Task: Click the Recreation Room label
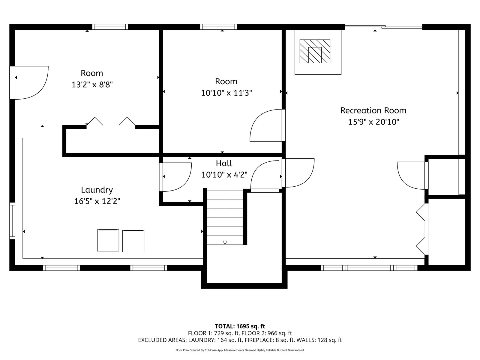coord(373,110)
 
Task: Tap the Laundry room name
coord(97,190)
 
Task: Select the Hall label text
coord(224,163)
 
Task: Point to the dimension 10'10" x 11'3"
coord(226,93)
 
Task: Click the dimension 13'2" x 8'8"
coord(92,84)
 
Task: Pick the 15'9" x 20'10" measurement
coord(373,122)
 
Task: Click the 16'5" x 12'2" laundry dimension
coord(97,201)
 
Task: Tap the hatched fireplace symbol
coord(315,51)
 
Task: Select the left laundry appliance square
coord(108,240)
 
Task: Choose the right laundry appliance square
coord(133,241)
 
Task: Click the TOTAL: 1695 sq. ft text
coord(240,326)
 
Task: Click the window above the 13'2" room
coord(110,27)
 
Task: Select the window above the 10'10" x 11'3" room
coord(219,27)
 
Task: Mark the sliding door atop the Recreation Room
coord(383,27)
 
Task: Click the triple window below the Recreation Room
coord(369,268)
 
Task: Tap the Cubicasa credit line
coord(240,350)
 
